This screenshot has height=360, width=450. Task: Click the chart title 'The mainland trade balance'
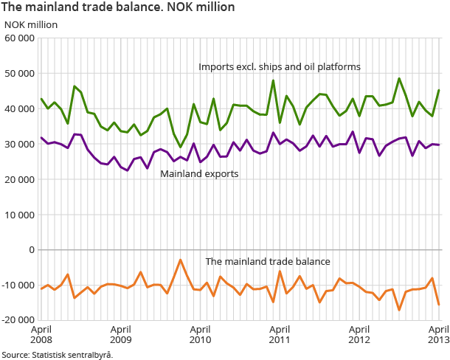pos(118,7)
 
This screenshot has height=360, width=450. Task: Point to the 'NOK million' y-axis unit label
pos(31,24)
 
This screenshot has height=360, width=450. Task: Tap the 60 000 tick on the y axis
pos(20,38)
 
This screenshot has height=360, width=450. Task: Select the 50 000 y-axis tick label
pos(20,74)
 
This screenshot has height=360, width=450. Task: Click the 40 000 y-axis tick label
pos(20,109)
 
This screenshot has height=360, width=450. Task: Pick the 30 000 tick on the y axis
pos(20,144)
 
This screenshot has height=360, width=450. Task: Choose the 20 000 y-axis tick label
pos(20,179)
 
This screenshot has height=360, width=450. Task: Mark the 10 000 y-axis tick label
pos(20,215)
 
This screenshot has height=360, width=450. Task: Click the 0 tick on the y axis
pos(32,250)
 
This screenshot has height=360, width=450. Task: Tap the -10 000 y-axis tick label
pos(18,285)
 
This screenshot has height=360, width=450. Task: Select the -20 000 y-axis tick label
pos(18,320)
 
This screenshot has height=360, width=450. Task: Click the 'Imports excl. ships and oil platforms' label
pos(279,66)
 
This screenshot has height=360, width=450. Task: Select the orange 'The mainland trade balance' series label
pos(268,261)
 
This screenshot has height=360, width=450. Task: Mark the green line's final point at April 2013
pos(439,91)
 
